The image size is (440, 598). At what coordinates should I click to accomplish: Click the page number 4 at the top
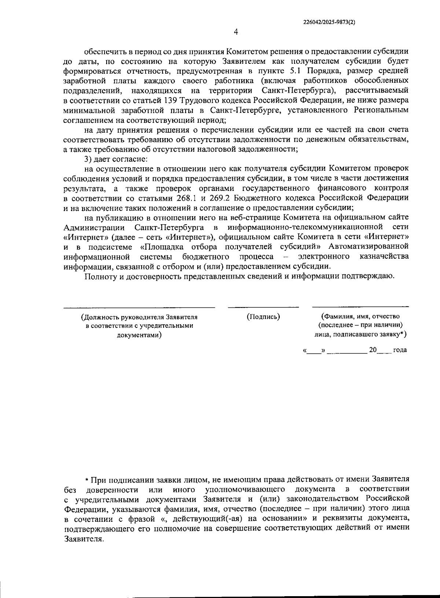(x=236, y=32)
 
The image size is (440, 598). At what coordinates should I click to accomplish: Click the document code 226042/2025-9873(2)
(x=329, y=22)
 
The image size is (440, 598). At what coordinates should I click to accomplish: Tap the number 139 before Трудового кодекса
(x=168, y=100)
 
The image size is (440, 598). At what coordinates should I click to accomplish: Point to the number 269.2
(x=220, y=198)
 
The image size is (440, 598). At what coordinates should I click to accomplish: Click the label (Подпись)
(x=263, y=316)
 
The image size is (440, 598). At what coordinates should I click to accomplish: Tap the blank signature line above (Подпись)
(x=263, y=306)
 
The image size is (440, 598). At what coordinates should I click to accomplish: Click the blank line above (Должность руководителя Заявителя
(x=139, y=307)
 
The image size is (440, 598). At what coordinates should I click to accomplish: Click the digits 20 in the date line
(x=373, y=350)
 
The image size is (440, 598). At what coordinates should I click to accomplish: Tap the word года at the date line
(x=400, y=350)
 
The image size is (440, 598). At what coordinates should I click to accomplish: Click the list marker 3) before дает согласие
(x=88, y=159)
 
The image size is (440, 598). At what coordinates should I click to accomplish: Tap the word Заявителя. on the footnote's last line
(x=84, y=539)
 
